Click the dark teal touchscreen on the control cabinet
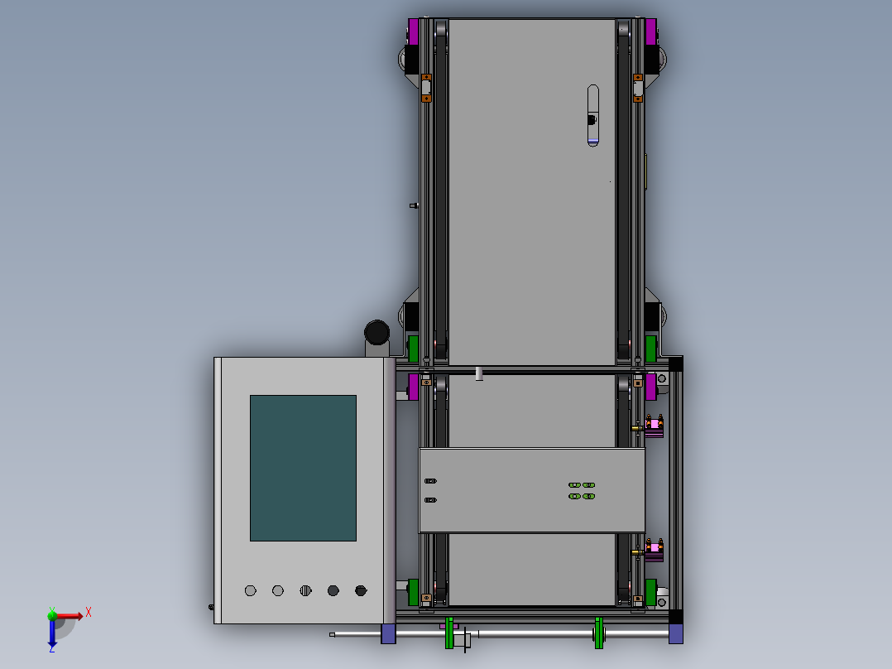click(x=303, y=468)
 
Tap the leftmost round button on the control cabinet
click(x=250, y=590)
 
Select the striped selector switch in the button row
click(x=305, y=590)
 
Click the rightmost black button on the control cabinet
click(x=361, y=590)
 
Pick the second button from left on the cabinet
click(x=278, y=590)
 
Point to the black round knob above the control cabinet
click(x=376, y=332)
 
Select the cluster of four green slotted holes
click(x=582, y=490)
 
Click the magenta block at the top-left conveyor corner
click(x=413, y=31)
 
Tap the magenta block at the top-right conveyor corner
click(x=651, y=31)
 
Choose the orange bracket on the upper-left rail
click(x=427, y=87)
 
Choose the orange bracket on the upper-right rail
click(x=638, y=87)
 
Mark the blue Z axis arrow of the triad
click(x=51, y=636)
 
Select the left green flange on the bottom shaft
click(x=449, y=633)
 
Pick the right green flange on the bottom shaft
click(x=598, y=633)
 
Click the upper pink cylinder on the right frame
click(x=654, y=426)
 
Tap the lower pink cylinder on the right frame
click(x=654, y=548)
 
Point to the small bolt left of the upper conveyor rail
click(x=414, y=205)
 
